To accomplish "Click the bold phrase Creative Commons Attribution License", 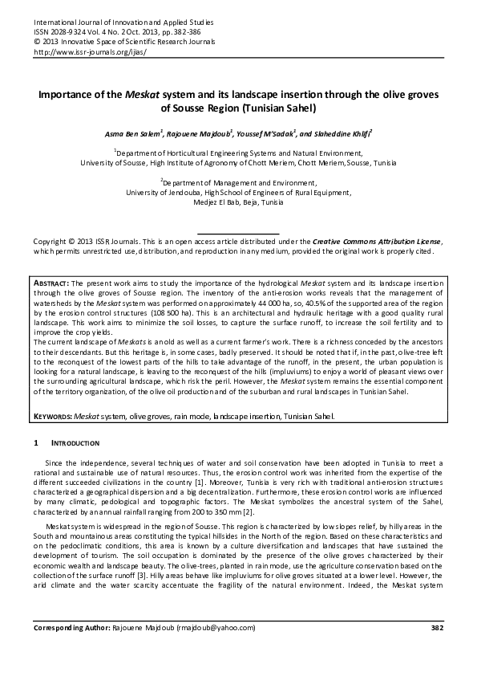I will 376,240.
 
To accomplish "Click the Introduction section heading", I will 75,443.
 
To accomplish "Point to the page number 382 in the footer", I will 437,649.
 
